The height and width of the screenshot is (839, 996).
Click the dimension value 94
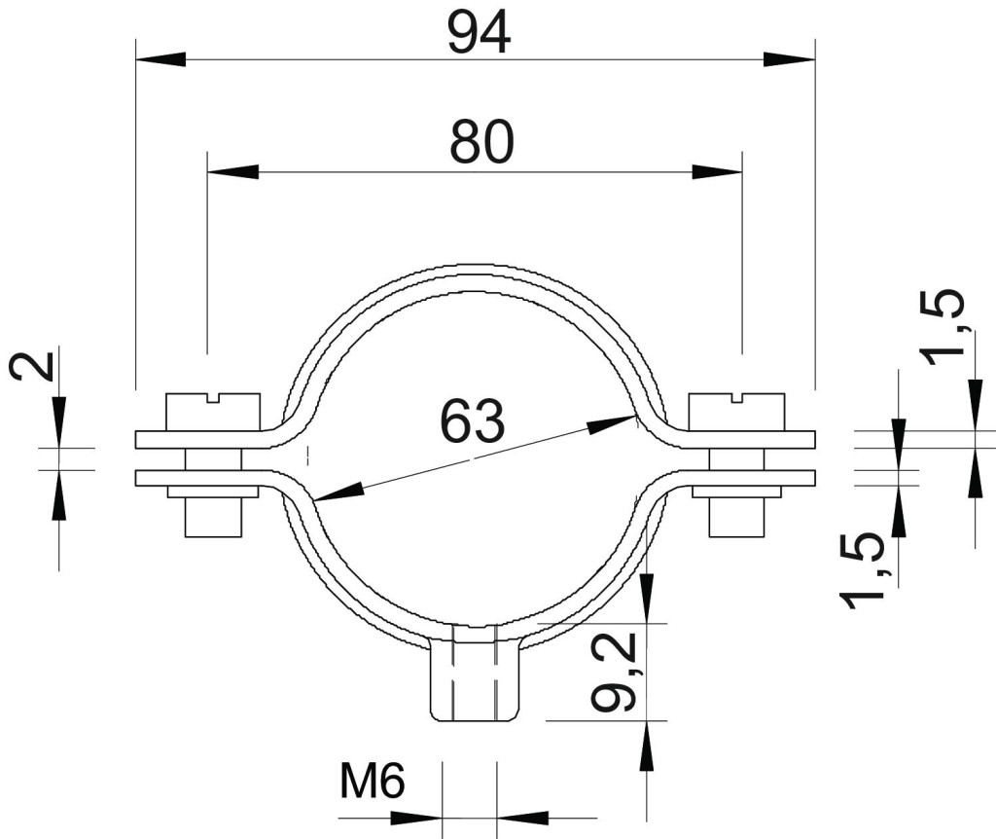click(479, 33)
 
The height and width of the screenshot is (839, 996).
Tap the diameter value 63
click(473, 420)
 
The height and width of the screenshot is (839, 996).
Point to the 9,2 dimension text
click(613, 673)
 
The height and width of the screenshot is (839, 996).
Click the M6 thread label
click(373, 782)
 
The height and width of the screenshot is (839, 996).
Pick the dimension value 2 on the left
click(32, 367)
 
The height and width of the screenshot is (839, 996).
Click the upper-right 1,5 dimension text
click(944, 327)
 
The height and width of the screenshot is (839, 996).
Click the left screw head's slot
click(213, 398)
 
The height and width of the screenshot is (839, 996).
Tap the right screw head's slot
click(737, 398)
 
